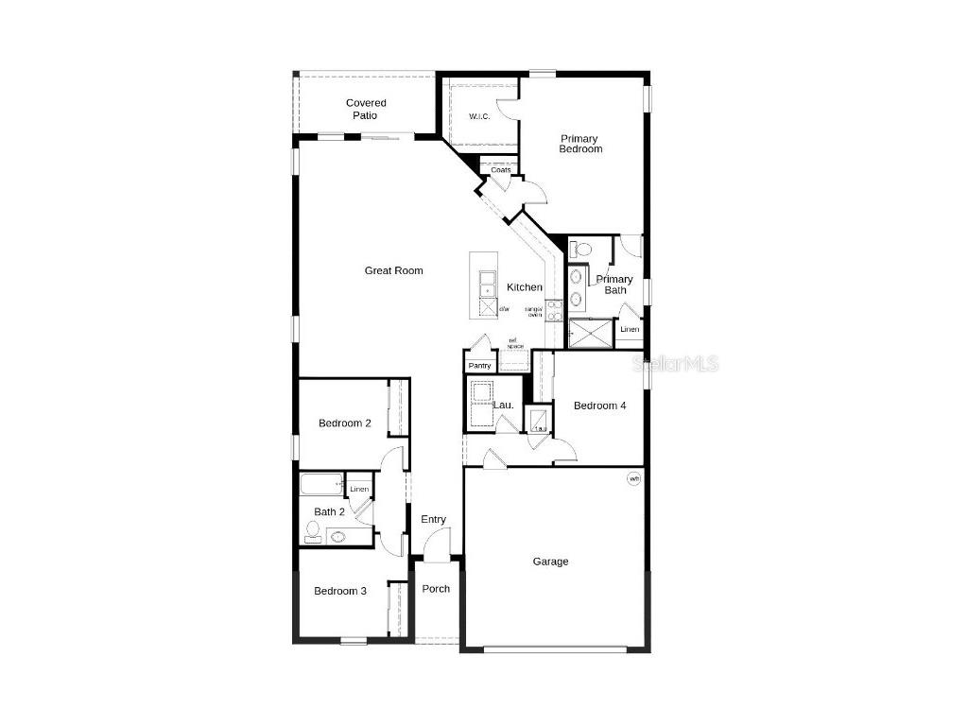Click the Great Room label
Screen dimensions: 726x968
[x=394, y=270]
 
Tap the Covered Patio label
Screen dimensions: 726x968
[x=366, y=109]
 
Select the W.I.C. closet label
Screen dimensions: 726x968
[x=480, y=117]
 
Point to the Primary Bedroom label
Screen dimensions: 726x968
[x=579, y=144]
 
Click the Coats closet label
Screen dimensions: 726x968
[x=501, y=170]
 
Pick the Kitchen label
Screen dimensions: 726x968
[x=525, y=287]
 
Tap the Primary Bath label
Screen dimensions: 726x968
[x=614, y=285]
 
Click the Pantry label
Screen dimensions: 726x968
[x=479, y=366]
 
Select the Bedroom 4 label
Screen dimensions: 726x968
[x=600, y=406]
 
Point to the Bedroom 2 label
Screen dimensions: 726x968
[x=344, y=423]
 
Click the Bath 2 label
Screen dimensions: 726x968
[x=330, y=511]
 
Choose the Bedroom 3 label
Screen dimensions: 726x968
[x=340, y=591]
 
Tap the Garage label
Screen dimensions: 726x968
[x=550, y=562]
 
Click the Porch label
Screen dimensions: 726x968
[x=436, y=589]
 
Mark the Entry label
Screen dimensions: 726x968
[x=434, y=519]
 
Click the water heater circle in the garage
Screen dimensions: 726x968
[x=634, y=479]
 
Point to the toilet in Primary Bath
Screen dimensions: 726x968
[x=581, y=250]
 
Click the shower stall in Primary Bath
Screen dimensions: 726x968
[x=590, y=333]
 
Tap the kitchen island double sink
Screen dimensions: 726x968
[x=487, y=284]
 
